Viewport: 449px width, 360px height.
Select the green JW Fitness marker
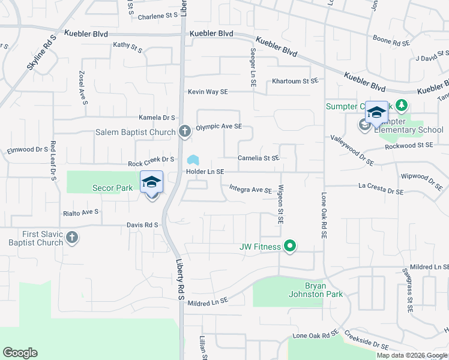point(290,246)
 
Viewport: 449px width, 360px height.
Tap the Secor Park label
point(112,188)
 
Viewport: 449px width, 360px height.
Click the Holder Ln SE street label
point(205,172)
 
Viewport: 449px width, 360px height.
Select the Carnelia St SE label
point(259,158)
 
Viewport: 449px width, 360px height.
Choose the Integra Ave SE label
point(251,190)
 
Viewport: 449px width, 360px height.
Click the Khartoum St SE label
point(294,81)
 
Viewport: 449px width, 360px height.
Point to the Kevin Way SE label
point(208,92)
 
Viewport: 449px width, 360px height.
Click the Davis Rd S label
point(142,225)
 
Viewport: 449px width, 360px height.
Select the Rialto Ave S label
point(80,212)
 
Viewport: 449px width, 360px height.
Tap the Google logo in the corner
point(20,353)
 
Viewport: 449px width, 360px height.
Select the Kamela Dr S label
point(157,118)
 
